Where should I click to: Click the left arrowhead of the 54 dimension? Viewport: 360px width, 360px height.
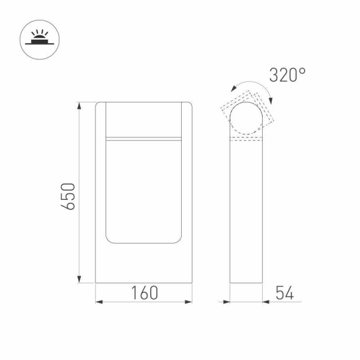[x=226, y=301]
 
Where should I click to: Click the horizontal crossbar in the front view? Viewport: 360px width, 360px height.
[x=144, y=139]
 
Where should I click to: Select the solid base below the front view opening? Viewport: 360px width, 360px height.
[x=144, y=264]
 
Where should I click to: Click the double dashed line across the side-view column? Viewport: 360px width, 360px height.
[x=247, y=140]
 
